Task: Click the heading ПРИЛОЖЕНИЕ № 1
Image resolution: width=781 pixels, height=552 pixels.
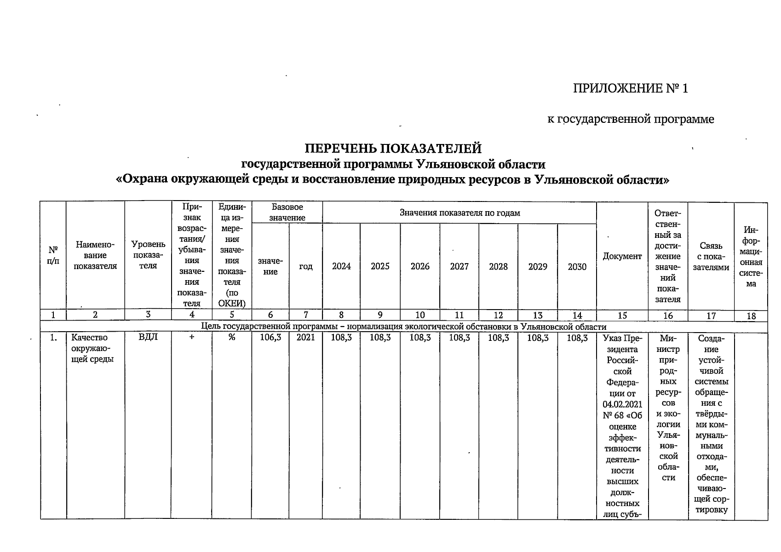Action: coord(630,88)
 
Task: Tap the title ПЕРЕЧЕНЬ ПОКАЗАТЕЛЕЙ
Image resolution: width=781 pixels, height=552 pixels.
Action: coord(393,149)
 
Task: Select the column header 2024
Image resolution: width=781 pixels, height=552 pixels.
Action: coord(341,266)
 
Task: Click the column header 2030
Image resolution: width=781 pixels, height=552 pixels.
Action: coord(577,266)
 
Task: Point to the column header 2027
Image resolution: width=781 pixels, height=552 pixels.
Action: coord(459,266)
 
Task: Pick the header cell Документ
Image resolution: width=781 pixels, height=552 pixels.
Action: coord(622,256)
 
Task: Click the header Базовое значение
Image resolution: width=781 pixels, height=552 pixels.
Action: coord(287,212)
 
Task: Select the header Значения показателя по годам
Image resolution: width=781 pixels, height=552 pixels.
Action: coord(459,213)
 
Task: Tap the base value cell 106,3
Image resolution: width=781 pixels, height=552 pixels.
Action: coord(270,338)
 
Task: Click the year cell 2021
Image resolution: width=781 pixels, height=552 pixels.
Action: coord(305,338)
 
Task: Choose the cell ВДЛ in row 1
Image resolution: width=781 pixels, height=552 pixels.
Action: coord(148,338)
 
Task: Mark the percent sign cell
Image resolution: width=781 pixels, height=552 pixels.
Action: coord(231,338)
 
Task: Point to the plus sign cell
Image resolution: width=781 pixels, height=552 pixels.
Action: coord(191,338)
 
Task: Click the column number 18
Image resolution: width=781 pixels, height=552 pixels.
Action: coord(751,316)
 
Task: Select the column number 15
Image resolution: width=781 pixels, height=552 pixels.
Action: coord(622,316)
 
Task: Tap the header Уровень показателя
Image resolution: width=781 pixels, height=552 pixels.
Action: coord(148,255)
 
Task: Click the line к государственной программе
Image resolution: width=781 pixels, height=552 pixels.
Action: coord(630,119)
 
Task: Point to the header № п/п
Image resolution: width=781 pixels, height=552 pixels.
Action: coord(53,255)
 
